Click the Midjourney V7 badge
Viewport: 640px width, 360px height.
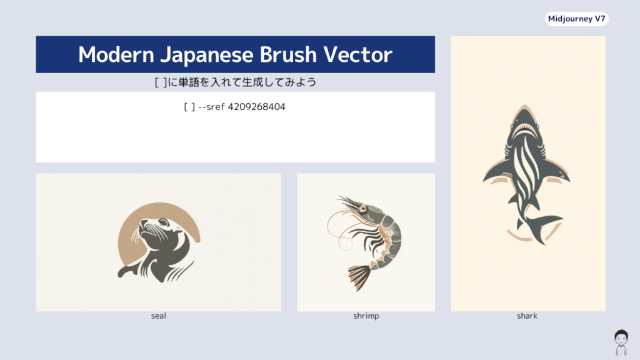click(576, 19)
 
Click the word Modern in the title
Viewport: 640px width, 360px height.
click(116, 55)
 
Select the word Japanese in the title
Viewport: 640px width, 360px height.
click(206, 56)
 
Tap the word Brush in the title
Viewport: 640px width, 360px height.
click(288, 54)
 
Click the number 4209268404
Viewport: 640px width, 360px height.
click(256, 107)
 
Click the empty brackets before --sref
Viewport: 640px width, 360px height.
click(189, 107)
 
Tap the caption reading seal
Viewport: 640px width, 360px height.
click(158, 316)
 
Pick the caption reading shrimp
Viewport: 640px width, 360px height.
click(366, 316)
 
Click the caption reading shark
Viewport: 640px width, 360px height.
click(527, 316)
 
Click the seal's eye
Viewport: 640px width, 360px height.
click(164, 223)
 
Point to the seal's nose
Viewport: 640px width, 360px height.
click(143, 223)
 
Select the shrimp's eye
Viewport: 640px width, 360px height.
click(363, 209)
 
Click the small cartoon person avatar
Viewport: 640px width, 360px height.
click(621, 342)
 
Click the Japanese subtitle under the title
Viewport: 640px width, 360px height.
click(236, 82)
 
